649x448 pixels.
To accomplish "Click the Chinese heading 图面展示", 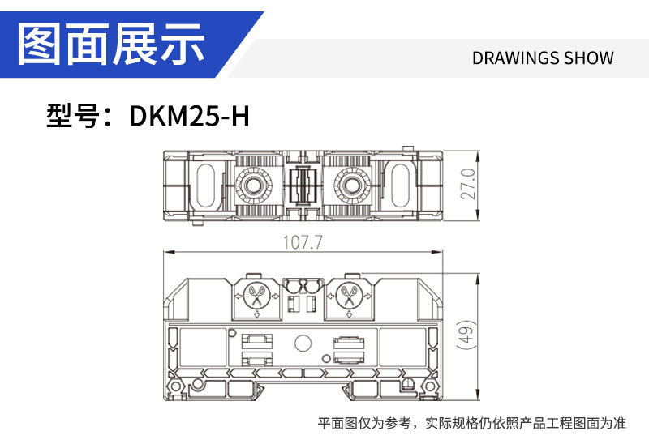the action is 112,44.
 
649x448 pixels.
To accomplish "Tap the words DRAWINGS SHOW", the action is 543,58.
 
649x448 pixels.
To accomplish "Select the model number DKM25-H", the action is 190,116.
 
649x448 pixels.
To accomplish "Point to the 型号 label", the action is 72,116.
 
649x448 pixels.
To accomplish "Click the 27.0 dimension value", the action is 469,185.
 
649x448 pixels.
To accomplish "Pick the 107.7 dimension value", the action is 302,242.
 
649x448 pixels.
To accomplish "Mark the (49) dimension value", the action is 466,335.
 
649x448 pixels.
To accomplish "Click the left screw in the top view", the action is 253,186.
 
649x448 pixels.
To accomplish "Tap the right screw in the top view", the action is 352,186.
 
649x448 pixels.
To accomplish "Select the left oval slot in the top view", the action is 205,186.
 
